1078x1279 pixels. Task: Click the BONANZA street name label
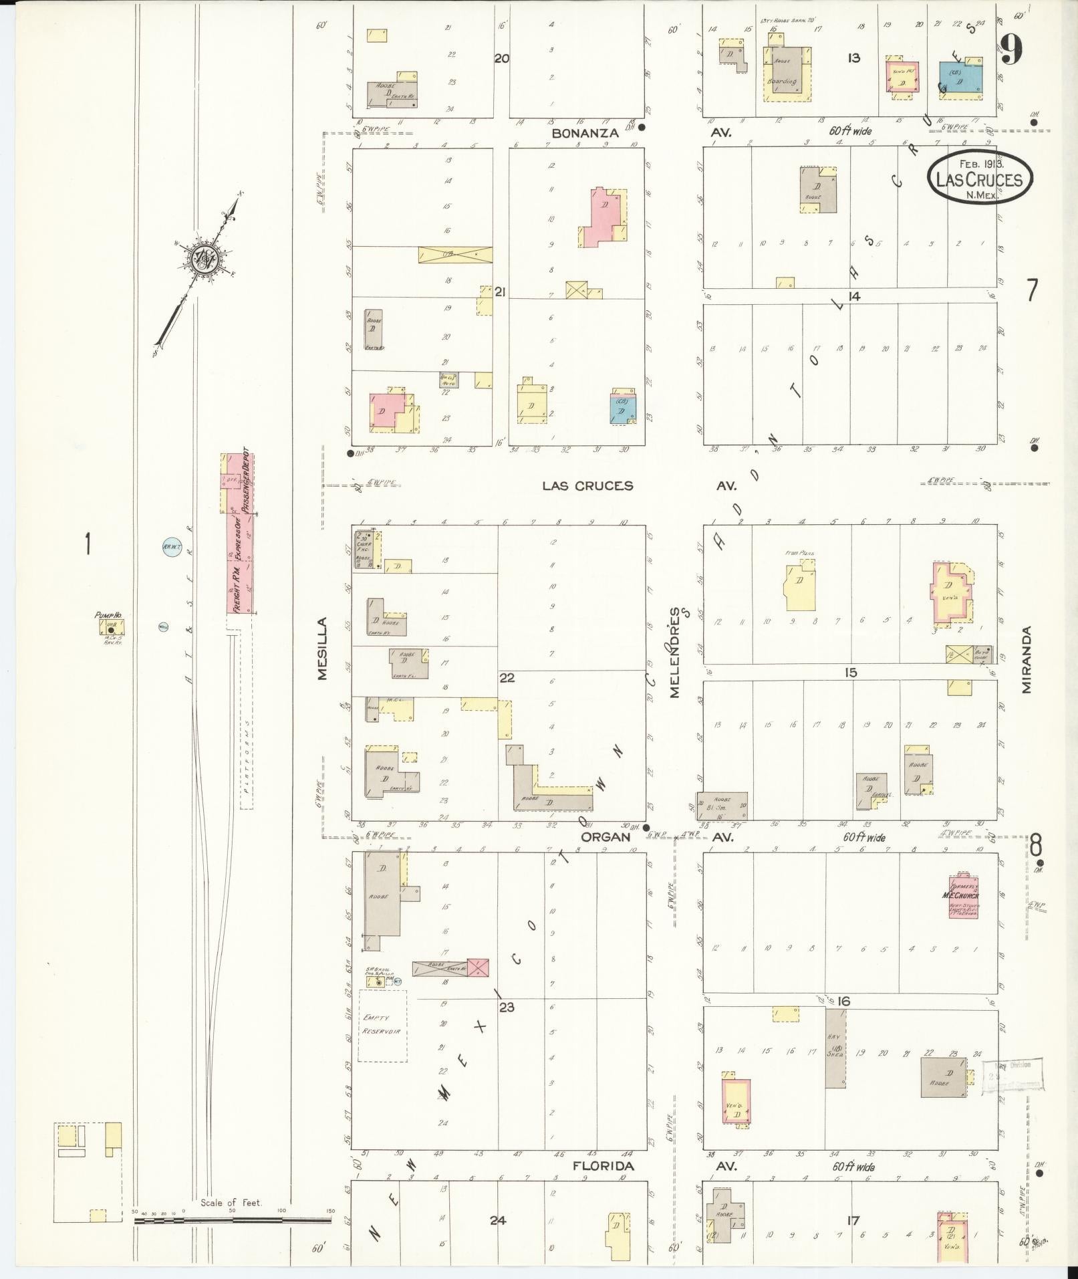(x=585, y=133)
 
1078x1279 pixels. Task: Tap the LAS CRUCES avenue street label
(x=587, y=485)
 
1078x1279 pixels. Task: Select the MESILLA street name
(x=323, y=649)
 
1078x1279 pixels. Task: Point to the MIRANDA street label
(x=1027, y=659)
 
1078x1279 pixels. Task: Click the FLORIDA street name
(x=603, y=1166)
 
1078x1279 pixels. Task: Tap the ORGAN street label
(x=605, y=836)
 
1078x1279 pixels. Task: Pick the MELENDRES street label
(x=675, y=652)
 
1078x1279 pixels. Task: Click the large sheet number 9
(x=1011, y=49)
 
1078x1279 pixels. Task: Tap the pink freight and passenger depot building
(x=240, y=535)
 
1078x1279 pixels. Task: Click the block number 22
(x=507, y=678)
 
